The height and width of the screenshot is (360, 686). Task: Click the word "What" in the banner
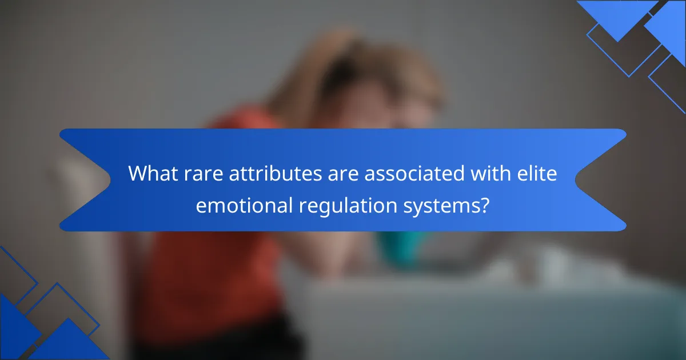[x=153, y=174]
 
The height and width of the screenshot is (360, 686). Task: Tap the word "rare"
[x=204, y=174]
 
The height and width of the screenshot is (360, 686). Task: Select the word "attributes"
[x=276, y=174]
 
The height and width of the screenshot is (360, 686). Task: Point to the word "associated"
[x=414, y=174]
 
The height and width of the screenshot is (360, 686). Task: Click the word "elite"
[x=537, y=173]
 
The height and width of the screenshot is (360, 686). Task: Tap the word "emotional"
[x=244, y=205]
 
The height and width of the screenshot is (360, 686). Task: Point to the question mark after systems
[x=485, y=205]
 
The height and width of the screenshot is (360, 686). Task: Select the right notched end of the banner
[x=601, y=180]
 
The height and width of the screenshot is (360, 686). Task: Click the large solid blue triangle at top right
[x=617, y=15]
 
